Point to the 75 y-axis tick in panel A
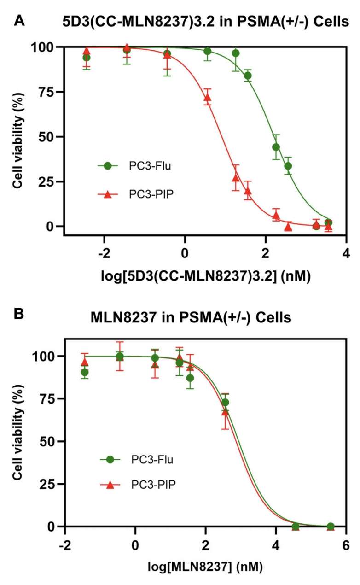coord(48,92)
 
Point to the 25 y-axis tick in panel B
coord(48,484)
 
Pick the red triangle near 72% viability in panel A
coord(208,97)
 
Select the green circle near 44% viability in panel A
coord(276,147)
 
